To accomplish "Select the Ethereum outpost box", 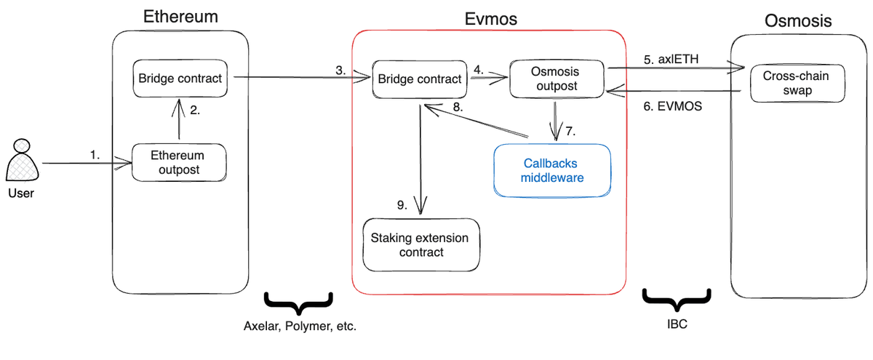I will coord(178,162).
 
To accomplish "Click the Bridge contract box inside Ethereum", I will coord(180,79).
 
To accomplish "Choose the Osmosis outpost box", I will coord(557,79).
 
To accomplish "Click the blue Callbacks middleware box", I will coord(553,170).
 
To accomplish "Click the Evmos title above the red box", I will coord(490,20).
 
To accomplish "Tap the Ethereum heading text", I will coord(180,16).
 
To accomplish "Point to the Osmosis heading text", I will coord(799,23).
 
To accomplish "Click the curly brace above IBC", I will coord(677,299).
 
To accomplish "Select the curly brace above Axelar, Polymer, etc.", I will coord(299,301).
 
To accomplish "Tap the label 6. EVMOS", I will coord(671,105).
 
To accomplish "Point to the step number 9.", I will coord(402,205).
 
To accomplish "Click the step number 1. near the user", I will coord(95,155).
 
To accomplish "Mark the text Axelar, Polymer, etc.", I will coord(300,327).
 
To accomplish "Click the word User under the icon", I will coord(21,193).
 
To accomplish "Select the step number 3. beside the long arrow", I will coord(340,71).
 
